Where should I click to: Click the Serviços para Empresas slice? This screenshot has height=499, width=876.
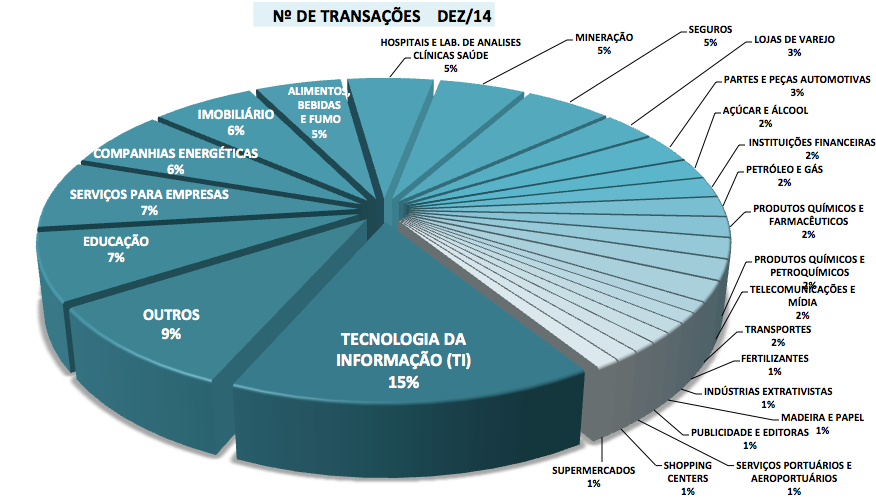(x=150, y=201)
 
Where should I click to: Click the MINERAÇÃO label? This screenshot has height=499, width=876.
(x=604, y=37)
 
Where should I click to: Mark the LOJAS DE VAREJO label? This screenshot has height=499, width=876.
(x=795, y=40)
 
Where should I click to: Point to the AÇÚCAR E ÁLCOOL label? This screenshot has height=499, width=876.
(x=764, y=110)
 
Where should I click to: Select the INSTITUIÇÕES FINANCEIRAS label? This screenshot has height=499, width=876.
(x=811, y=142)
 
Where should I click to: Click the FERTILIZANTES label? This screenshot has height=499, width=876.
(x=775, y=358)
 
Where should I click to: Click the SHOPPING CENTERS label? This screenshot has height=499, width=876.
(x=688, y=471)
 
